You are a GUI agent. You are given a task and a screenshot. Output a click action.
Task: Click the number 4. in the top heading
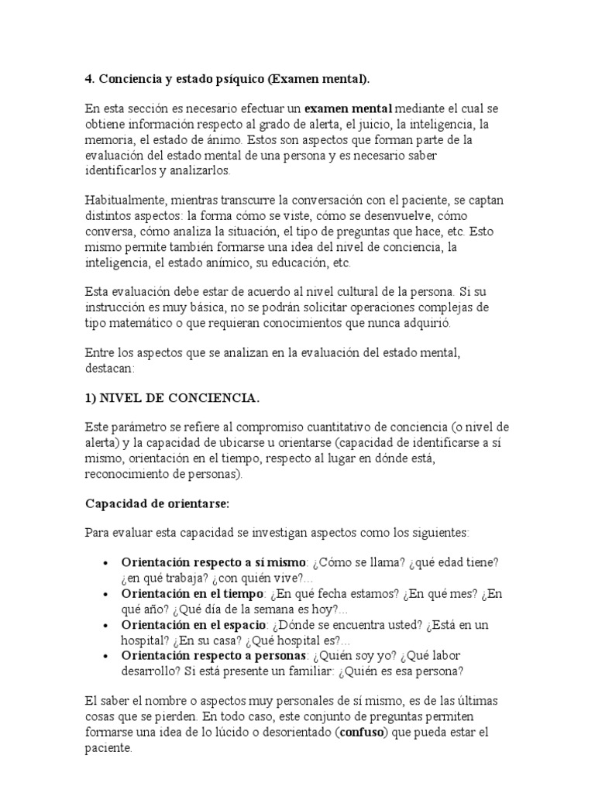coord(88,79)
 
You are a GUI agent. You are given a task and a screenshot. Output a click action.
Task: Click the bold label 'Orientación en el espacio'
coord(194,624)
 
